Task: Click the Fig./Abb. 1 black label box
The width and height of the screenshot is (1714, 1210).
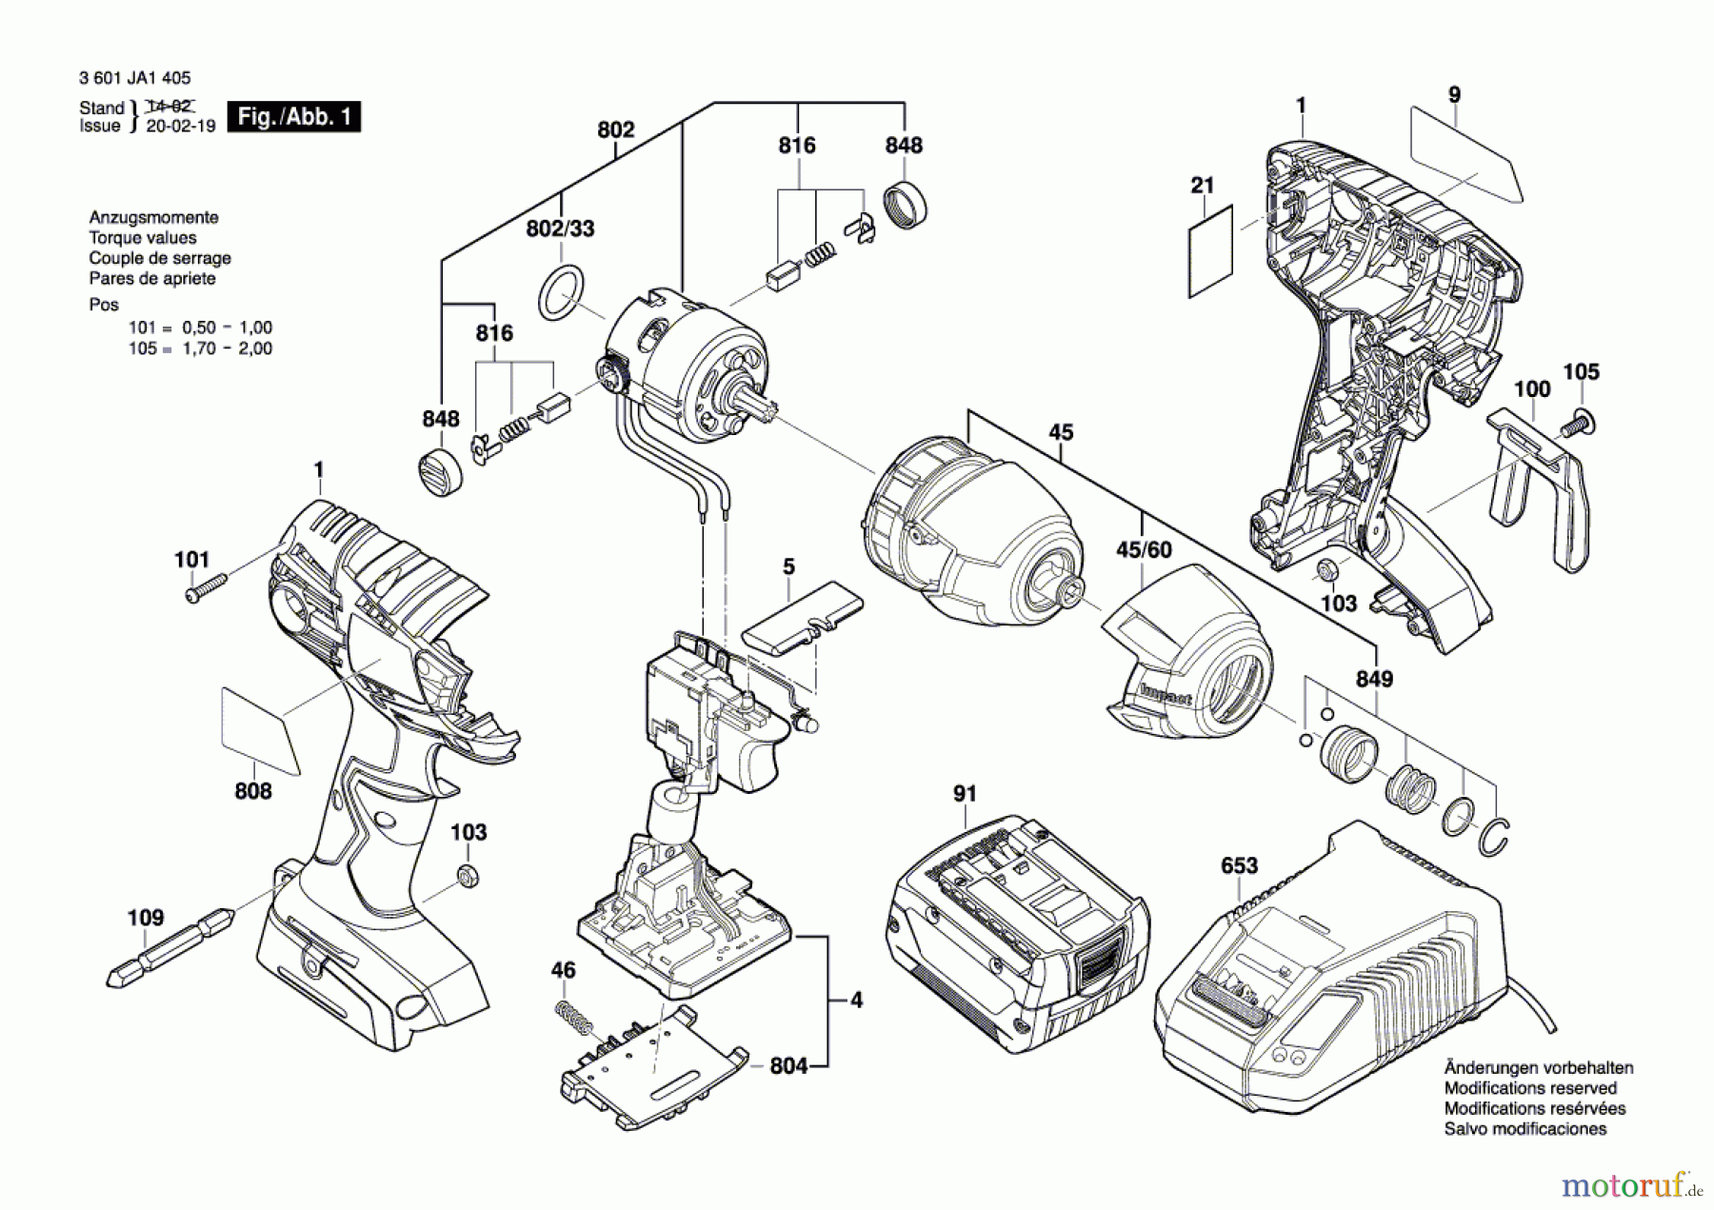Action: click(x=294, y=117)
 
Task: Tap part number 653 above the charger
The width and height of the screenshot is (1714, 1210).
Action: click(x=1239, y=866)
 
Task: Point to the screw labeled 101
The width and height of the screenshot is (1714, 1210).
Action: click(x=206, y=587)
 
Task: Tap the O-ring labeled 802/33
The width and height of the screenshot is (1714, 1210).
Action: click(x=561, y=292)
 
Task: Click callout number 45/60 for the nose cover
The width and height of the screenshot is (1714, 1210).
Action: click(x=1144, y=550)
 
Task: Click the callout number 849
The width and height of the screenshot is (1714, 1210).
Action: click(x=1374, y=679)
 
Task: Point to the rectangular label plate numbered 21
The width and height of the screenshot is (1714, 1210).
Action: click(x=1210, y=251)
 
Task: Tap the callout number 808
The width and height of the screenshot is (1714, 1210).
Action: click(x=253, y=791)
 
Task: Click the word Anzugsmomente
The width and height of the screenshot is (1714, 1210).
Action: click(x=153, y=217)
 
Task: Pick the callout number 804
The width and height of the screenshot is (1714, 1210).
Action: click(x=788, y=1065)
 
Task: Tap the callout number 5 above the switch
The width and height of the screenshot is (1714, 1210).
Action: click(x=788, y=566)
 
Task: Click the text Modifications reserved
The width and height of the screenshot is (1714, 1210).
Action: click(x=1530, y=1088)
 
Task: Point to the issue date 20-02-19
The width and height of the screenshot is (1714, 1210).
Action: click(x=181, y=126)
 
